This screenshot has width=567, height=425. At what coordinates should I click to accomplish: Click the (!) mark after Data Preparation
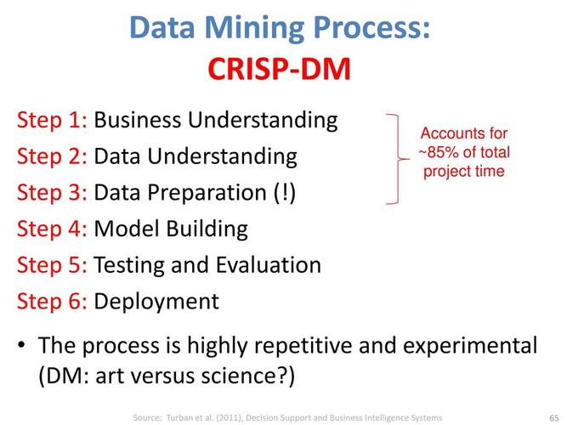[x=283, y=193]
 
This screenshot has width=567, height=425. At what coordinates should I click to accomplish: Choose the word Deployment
[x=156, y=302]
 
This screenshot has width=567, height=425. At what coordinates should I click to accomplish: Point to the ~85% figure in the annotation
[x=438, y=153]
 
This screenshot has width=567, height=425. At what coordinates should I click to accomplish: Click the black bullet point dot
[x=23, y=347]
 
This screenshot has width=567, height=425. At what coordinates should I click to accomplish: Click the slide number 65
[x=553, y=417]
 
